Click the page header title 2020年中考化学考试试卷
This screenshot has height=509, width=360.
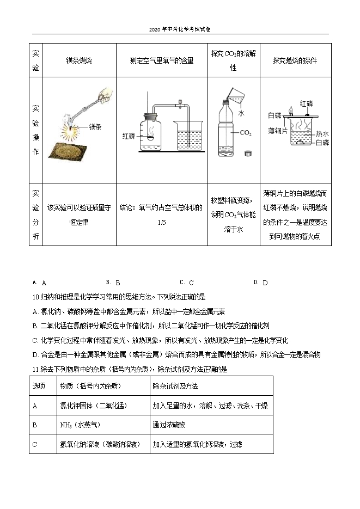pyautogui.click(x=180, y=29)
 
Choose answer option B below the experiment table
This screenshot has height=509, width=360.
pyautogui.click(x=117, y=283)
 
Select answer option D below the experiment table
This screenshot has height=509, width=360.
pyautogui.click(x=265, y=283)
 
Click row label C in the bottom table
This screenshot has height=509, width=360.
pyautogui.click(x=35, y=445)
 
